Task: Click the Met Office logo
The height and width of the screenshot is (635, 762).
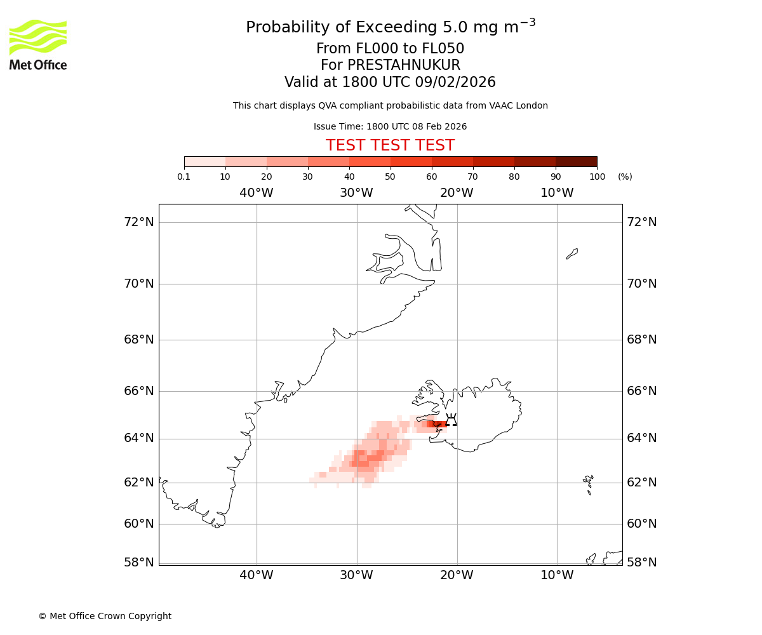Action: point(38,44)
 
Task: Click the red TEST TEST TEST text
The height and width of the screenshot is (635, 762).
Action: point(390,146)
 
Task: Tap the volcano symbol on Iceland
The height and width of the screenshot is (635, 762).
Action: point(451,420)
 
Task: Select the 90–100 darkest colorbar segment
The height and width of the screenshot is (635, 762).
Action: point(576,161)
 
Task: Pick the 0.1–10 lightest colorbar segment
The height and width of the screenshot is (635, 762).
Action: point(205,161)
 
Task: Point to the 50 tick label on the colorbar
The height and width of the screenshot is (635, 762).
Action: point(390,177)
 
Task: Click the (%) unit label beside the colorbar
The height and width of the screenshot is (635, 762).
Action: point(625,177)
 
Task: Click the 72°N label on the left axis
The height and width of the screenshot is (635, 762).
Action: point(138,222)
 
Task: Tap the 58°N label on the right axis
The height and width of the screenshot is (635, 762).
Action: point(641,562)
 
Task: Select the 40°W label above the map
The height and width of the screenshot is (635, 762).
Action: point(256,193)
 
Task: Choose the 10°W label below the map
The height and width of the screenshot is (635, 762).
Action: point(557,575)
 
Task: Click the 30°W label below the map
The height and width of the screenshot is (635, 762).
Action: point(356,575)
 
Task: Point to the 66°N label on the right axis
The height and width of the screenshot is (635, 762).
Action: point(641,391)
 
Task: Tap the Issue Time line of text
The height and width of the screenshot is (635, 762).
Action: point(390,127)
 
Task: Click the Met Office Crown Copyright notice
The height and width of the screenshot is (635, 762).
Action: point(105,616)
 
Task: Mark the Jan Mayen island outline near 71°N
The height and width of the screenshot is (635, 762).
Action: point(572,254)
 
